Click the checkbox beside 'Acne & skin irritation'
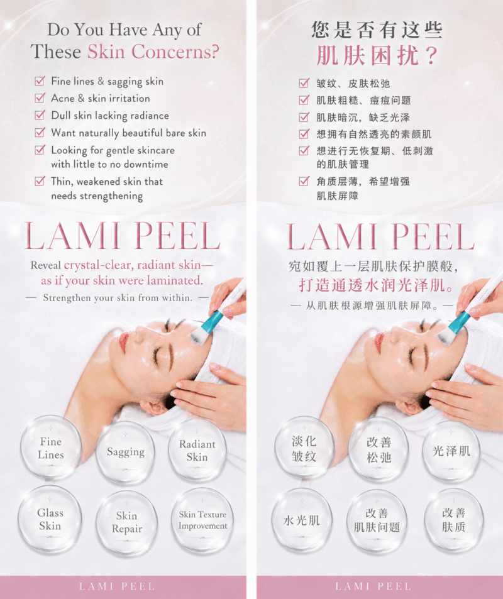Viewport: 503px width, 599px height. [40, 98]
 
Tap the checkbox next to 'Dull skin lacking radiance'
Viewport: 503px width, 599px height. [40, 115]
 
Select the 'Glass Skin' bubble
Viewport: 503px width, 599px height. [50, 519]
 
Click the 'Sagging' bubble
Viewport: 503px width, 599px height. [125, 453]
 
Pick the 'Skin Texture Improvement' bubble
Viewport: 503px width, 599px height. [202, 520]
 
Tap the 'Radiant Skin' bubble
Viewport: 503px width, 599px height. [197, 451]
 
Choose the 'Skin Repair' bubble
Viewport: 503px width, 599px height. [126, 522]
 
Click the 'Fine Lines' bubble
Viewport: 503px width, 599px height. [51, 448]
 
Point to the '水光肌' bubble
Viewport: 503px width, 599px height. [302, 520]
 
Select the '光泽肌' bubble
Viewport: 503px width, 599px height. [451, 451]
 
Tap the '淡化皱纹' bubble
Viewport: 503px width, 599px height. [304, 449]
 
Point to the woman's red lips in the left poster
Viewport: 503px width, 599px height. [123, 341]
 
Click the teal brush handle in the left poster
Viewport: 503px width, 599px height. [212, 320]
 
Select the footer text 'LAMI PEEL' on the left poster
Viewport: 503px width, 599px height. [117, 586]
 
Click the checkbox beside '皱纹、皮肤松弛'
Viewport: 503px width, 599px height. [304, 83]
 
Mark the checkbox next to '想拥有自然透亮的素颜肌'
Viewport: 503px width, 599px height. [304, 134]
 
